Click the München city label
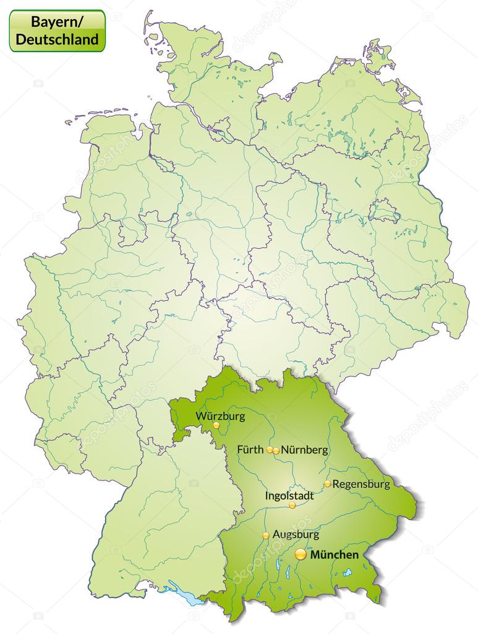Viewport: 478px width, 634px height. pyautogui.click(x=334, y=555)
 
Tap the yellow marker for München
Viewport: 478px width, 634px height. pyautogui.click(x=301, y=554)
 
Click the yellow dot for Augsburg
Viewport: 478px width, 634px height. pyautogui.click(x=266, y=536)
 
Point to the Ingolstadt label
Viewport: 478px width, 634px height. pyautogui.click(x=289, y=495)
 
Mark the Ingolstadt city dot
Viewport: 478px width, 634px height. pyautogui.click(x=292, y=505)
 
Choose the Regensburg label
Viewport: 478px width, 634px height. pyautogui.click(x=361, y=484)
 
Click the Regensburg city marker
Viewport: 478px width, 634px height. pyautogui.click(x=327, y=484)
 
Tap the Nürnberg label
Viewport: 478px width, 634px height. pyautogui.click(x=304, y=450)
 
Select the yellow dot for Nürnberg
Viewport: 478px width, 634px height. pyautogui.click(x=276, y=451)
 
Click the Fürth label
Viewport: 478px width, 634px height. pyautogui.click(x=250, y=449)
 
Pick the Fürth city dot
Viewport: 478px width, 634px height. pyautogui.click(x=270, y=450)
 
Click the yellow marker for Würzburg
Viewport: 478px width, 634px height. pyautogui.click(x=216, y=426)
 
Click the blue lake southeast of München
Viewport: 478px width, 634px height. pyautogui.click(x=347, y=572)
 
